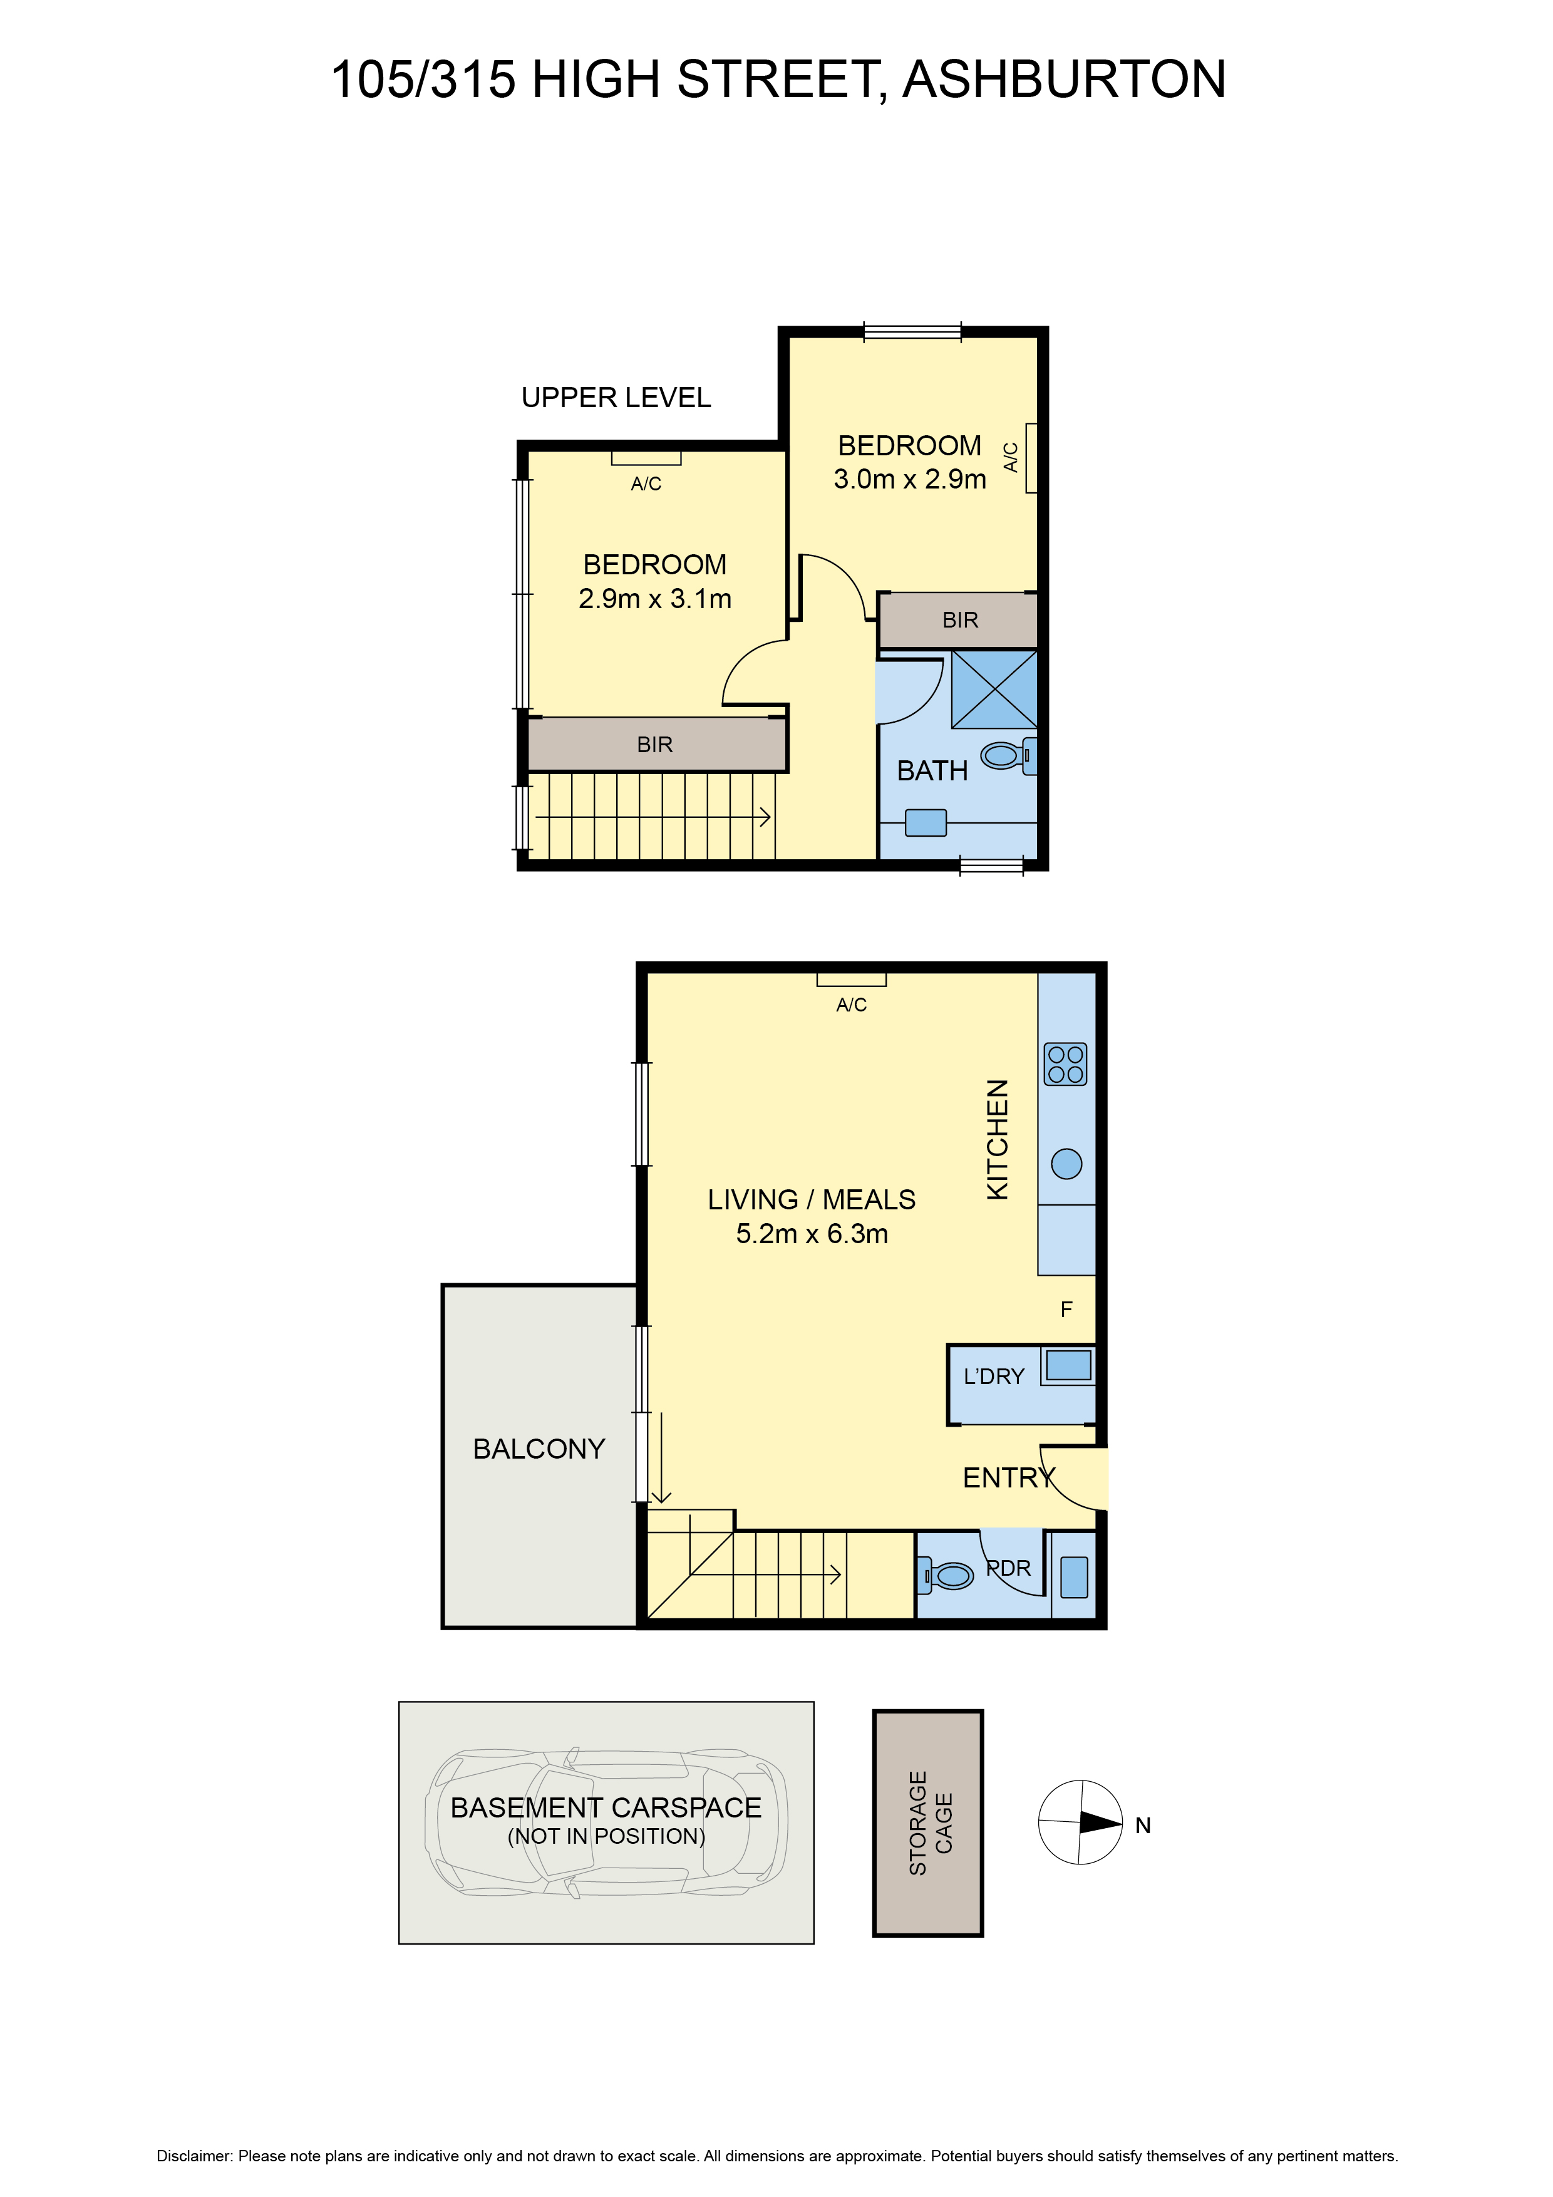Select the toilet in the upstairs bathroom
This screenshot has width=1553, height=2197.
1006,756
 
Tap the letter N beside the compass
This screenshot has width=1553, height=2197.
1142,1826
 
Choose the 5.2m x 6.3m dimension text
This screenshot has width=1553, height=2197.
812,1234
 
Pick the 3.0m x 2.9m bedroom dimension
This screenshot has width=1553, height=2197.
909,479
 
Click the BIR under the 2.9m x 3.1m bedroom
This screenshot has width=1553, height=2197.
656,745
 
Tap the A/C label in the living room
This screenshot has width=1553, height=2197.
850,1005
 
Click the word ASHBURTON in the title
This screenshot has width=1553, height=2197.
1063,80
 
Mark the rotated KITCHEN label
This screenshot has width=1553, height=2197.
997,1140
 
